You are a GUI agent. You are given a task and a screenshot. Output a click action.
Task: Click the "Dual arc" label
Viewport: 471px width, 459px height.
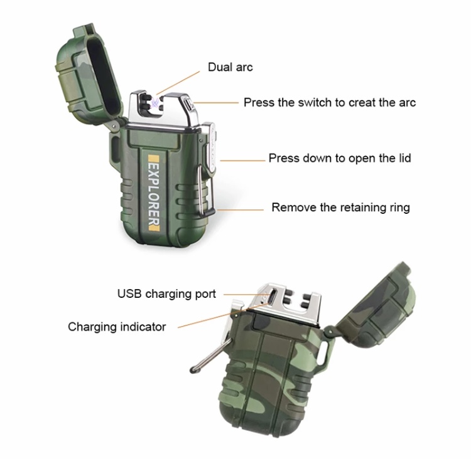tap(230, 67)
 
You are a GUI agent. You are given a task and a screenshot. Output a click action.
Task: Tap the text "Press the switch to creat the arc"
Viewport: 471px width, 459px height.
tap(330, 103)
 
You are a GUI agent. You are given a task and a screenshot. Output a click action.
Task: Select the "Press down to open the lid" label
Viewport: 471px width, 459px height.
tap(340, 158)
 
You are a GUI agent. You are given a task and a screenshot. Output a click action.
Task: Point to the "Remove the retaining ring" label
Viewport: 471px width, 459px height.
tap(340, 208)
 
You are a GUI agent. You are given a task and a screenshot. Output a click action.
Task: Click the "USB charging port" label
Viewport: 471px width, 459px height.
tap(166, 293)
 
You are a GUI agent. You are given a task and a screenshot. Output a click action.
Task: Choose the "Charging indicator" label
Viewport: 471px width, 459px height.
tap(117, 327)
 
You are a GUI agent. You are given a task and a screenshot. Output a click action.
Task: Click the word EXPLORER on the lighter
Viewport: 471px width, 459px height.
tap(154, 194)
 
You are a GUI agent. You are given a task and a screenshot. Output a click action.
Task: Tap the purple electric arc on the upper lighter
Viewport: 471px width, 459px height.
tap(155, 103)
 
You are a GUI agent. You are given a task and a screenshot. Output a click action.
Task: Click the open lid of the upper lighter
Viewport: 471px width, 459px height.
tap(89, 73)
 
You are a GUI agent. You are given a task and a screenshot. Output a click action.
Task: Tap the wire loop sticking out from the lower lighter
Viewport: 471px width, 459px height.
tap(210, 356)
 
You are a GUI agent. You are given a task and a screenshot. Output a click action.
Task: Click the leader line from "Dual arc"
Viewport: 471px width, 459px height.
tap(178, 83)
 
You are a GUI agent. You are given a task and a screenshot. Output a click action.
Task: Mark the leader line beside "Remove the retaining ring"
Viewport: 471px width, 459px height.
tap(241, 209)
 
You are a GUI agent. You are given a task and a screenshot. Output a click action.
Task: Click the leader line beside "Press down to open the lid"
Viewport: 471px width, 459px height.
tap(242, 161)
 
